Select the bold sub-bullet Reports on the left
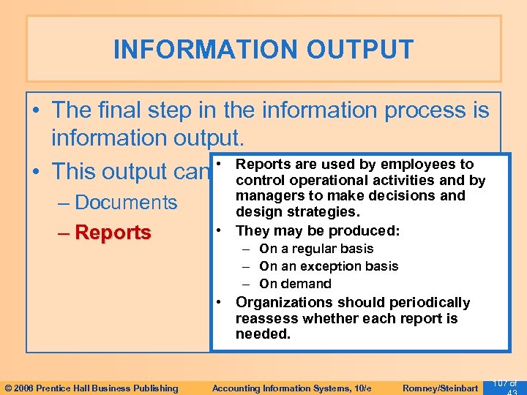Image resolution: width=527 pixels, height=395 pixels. pyautogui.click(x=113, y=233)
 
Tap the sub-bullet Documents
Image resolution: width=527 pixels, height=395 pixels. pyautogui.click(x=125, y=203)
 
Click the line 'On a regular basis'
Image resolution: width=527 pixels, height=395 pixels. pyautogui.click(x=316, y=249)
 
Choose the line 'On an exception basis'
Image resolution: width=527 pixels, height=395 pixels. pyautogui.click(x=329, y=266)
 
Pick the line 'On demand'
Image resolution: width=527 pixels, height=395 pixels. pyautogui.click(x=295, y=284)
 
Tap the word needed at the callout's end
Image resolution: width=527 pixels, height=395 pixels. pyautogui.click(x=263, y=334)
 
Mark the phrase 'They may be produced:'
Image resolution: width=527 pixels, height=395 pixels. pyautogui.click(x=317, y=230)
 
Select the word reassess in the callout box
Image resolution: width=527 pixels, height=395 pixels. pyautogui.click(x=268, y=319)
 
